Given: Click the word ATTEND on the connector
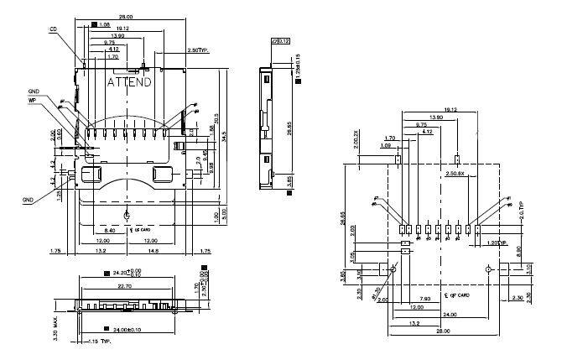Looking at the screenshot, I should [x=129, y=82].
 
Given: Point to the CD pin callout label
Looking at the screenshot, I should [x=53, y=29].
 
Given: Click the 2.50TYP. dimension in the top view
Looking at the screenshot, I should [x=198, y=50].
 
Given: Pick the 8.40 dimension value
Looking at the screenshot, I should [x=110, y=229].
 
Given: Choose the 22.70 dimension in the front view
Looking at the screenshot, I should [x=127, y=284].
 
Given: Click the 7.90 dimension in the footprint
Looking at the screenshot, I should [x=425, y=298].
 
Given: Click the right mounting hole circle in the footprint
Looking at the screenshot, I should [x=489, y=269].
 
